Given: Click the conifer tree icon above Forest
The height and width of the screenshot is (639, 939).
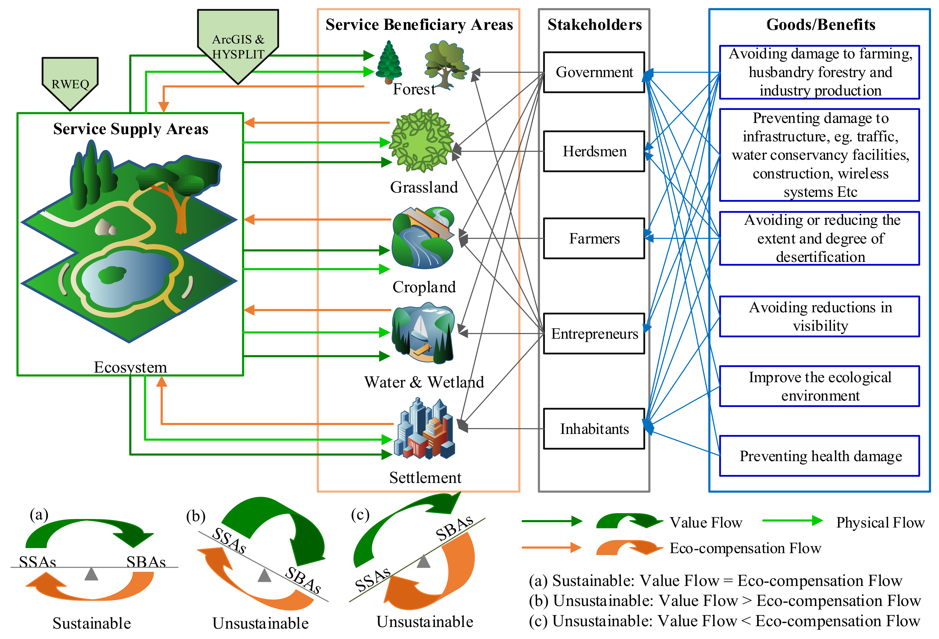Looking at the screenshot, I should coord(389,63).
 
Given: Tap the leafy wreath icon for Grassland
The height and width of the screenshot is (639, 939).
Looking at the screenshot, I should coord(422,141).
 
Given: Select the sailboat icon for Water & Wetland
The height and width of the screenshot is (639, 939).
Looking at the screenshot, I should coord(422,333).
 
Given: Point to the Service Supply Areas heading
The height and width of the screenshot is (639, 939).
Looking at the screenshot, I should coord(130,129).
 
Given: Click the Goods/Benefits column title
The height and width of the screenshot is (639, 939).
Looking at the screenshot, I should coord(820,25).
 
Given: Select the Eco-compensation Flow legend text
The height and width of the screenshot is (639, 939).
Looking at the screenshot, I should coord(745,548).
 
